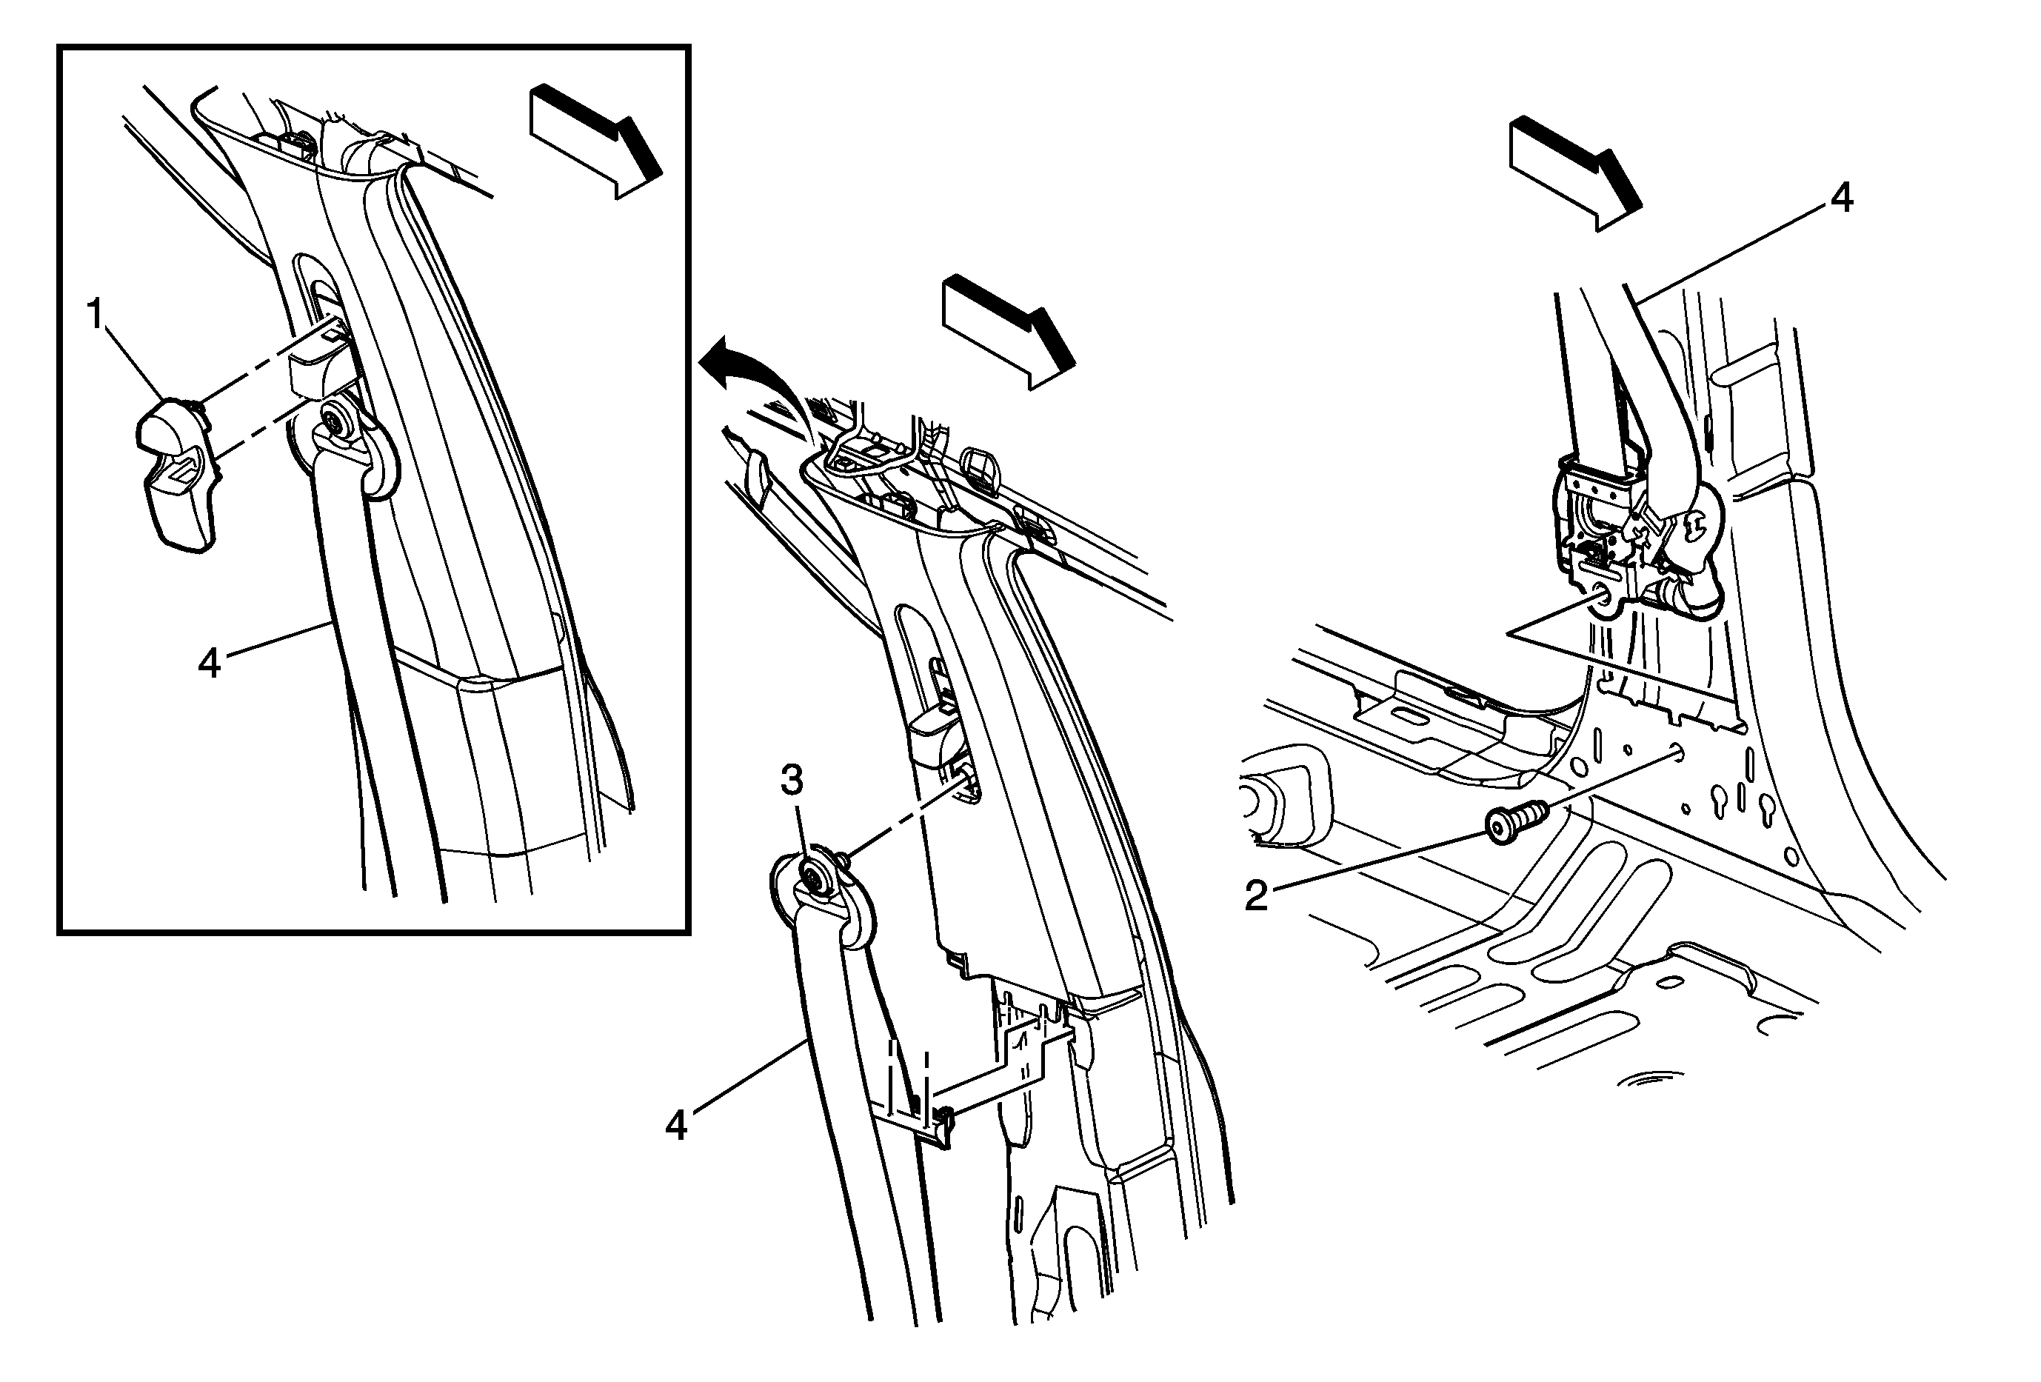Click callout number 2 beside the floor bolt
point(1256,895)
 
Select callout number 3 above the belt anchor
point(793,780)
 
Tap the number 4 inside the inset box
point(209,663)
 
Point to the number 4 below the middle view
point(675,1125)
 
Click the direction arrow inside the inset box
point(595,141)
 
